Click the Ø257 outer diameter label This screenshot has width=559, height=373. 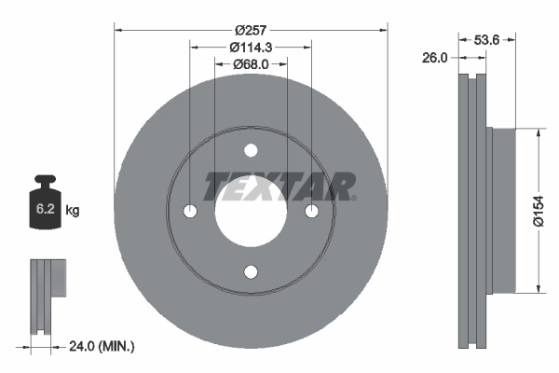tap(250, 29)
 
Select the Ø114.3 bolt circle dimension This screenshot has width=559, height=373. tap(250, 47)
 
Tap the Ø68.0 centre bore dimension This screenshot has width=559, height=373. tap(250, 64)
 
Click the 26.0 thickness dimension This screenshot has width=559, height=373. tap(434, 57)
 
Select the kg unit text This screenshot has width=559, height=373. tap(73, 211)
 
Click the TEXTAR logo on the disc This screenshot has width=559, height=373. tap(279, 186)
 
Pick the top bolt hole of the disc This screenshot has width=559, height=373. tap(250, 151)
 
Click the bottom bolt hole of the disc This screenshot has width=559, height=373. tap(250, 271)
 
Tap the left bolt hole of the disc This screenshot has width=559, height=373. tap(190, 212)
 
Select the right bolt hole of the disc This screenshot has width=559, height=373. tap(310, 212)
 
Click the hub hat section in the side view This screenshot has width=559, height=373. tap(499, 212)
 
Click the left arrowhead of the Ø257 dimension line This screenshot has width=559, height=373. tap(118, 29)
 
